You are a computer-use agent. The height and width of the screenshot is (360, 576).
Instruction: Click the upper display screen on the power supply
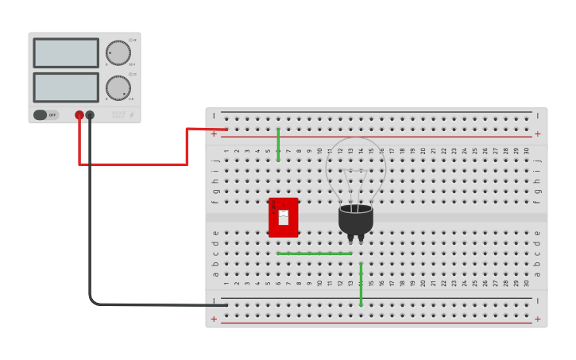pyautogui.click(x=66, y=53)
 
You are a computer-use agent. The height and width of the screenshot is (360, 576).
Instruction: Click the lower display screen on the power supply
pyautogui.click(x=66, y=87)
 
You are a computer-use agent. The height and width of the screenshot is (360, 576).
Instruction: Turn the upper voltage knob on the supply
pyautogui.click(x=118, y=53)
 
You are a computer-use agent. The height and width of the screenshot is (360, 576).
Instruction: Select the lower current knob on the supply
pyautogui.click(x=118, y=87)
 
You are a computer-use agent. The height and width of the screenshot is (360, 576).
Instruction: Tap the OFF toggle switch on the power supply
pyautogui.click(x=46, y=114)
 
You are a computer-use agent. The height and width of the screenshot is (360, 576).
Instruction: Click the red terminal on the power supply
pyautogui.click(x=79, y=115)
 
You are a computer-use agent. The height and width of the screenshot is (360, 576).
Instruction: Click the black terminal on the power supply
pyautogui.click(x=90, y=115)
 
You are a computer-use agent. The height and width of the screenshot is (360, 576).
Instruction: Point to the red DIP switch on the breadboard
pyautogui.click(x=284, y=217)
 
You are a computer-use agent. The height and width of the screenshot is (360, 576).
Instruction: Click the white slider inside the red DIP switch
pyautogui.click(x=284, y=217)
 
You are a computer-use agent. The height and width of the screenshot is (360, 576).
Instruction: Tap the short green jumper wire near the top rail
pyautogui.click(x=278, y=144)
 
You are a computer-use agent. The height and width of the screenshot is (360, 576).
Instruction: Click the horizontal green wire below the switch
pyautogui.click(x=315, y=254)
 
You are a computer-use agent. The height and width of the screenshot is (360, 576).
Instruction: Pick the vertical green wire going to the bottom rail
pyautogui.click(x=361, y=285)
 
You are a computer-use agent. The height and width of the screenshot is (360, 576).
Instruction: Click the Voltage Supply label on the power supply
pyautogui.click(x=119, y=115)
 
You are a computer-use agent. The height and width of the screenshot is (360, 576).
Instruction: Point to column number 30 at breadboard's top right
pyautogui.click(x=526, y=150)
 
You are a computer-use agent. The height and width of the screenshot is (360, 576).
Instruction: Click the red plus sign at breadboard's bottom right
pyautogui.click(x=537, y=319)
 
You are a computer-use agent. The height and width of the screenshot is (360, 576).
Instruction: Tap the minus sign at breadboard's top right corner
pyautogui.click(x=537, y=116)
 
